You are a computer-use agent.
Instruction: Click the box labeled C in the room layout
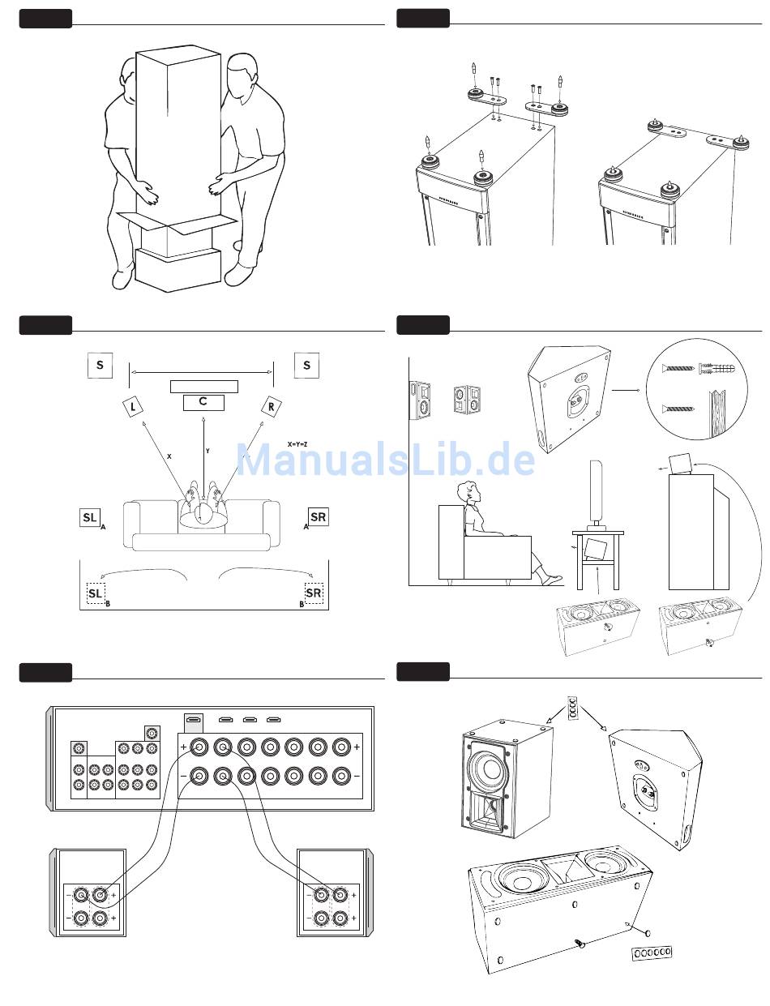(x=203, y=402)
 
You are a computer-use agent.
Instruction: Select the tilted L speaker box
(x=132, y=406)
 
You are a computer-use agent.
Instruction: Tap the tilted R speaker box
(x=270, y=406)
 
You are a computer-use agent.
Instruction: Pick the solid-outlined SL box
(x=89, y=517)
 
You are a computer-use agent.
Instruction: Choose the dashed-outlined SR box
(x=314, y=593)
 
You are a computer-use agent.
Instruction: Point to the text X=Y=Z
(x=297, y=444)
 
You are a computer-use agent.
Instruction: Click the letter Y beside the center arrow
(x=208, y=451)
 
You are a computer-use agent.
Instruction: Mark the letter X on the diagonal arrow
(x=169, y=456)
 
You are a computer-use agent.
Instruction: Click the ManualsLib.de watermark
(x=386, y=460)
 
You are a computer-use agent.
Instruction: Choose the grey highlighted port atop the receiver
(x=194, y=720)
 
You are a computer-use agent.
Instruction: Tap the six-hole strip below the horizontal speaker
(x=652, y=952)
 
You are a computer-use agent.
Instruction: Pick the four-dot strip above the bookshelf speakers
(x=574, y=708)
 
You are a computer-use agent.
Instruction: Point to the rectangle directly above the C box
(x=203, y=386)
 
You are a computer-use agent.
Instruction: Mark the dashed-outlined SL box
(x=96, y=594)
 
